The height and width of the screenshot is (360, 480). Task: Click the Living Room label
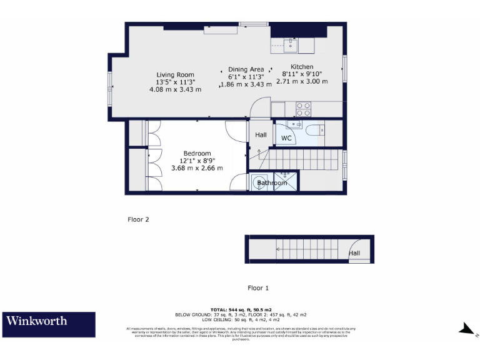(x=175, y=74)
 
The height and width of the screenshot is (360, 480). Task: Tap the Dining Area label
(x=246, y=69)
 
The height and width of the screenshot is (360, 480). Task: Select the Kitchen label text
(x=301, y=67)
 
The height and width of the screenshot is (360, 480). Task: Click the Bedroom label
(x=197, y=153)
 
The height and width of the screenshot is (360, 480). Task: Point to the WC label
(x=286, y=137)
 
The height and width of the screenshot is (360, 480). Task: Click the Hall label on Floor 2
(x=261, y=134)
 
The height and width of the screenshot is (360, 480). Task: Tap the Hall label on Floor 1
(x=354, y=253)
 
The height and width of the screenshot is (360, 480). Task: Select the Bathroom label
(x=272, y=183)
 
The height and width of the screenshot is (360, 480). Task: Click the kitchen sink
(x=291, y=44)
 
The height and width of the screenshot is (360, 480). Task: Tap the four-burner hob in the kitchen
(x=303, y=109)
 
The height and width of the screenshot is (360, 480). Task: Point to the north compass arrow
(x=465, y=327)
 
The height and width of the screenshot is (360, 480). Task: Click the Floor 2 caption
(x=138, y=219)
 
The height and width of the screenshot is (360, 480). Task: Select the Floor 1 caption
(x=258, y=288)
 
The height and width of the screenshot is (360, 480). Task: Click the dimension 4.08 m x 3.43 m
(x=175, y=89)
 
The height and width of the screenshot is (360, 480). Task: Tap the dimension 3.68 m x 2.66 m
(x=197, y=168)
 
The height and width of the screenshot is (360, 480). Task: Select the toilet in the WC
(x=314, y=129)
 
